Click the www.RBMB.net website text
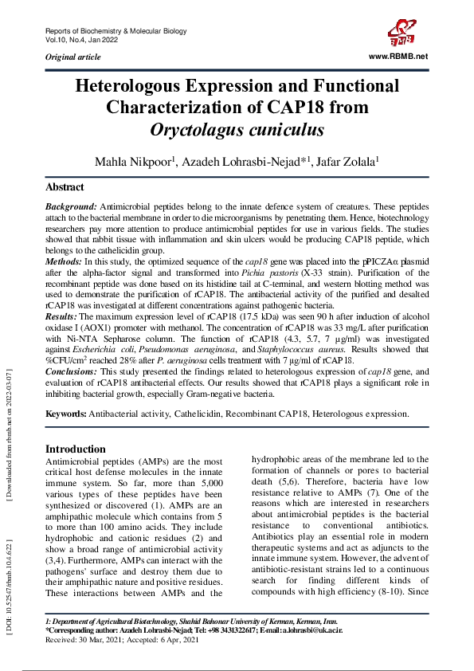(399, 56)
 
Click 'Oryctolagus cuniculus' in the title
(237, 128)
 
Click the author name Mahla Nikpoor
(133, 162)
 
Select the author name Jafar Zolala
(347, 162)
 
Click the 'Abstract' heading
(65, 187)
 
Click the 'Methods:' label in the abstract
(64, 261)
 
